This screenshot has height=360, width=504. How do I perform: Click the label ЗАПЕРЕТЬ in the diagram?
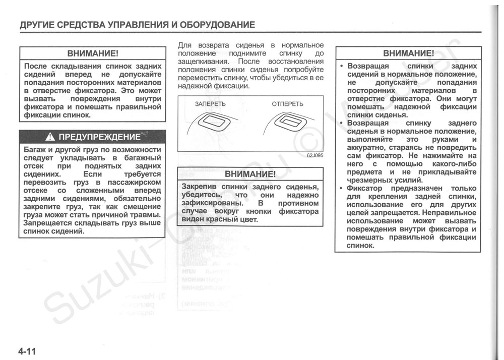[210, 104]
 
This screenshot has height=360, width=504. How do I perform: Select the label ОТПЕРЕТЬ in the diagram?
[287, 104]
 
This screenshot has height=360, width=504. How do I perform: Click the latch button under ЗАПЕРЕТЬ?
[213, 122]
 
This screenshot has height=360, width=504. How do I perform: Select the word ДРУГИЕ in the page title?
[37, 25]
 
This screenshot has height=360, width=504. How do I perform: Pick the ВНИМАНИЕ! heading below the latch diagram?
[250, 174]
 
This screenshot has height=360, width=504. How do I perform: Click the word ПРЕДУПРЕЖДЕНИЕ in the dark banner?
[99, 137]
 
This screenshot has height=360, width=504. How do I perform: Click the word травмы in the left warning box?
[148, 215]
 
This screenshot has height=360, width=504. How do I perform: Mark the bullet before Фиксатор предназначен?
[341, 189]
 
